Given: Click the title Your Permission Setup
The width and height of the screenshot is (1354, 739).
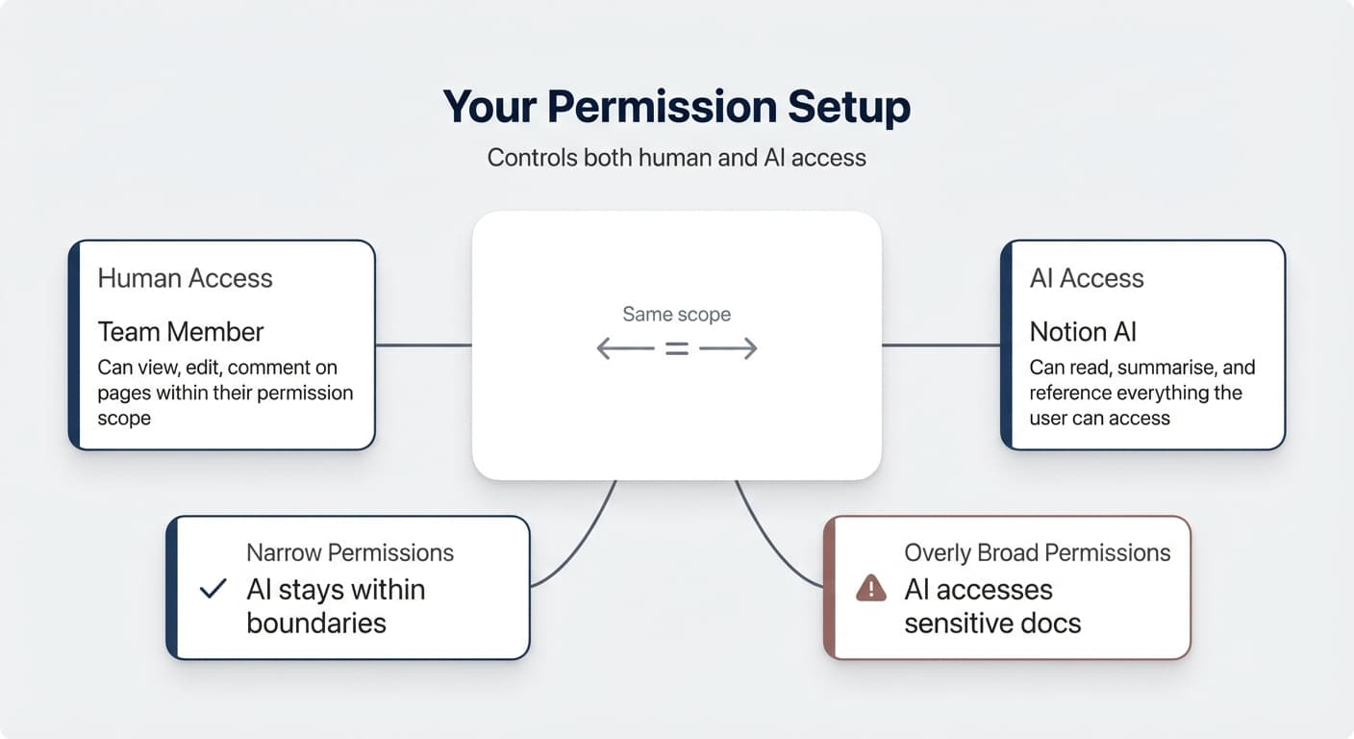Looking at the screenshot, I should click(x=676, y=107).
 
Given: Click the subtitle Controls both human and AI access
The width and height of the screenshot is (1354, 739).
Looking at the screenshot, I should click(x=676, y=158).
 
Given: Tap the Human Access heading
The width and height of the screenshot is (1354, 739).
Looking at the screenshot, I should click(x=185, y=279).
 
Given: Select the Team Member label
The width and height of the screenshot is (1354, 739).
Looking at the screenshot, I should click(x=180, y=332).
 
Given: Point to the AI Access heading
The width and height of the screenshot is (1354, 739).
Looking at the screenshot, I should click(x=1086, y=279).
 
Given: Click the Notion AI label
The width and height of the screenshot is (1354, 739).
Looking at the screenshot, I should click(x=1083, y=332).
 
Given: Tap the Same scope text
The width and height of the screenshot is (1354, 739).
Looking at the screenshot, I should click(x=676, y=314).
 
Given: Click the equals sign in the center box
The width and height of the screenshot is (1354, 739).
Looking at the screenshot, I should click(x=677, y=349).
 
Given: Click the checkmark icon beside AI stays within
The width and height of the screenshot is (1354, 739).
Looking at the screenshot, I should click(x=212, y=589).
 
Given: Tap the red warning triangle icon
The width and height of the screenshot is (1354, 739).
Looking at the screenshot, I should click(x=870, y=588).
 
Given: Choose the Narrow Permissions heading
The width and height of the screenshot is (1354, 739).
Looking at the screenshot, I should click(x=349, y=552).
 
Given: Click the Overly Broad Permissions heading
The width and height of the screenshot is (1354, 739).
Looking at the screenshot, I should click(x=1037, y=552).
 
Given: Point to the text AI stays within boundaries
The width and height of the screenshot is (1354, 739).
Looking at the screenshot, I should click(x=335, y=606).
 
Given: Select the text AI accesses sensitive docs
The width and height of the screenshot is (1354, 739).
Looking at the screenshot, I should click(x=991, y=606).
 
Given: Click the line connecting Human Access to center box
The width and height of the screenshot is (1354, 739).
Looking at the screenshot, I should click(x=423, y=344).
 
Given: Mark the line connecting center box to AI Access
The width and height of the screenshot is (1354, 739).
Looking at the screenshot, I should click(x=940, y=344).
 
